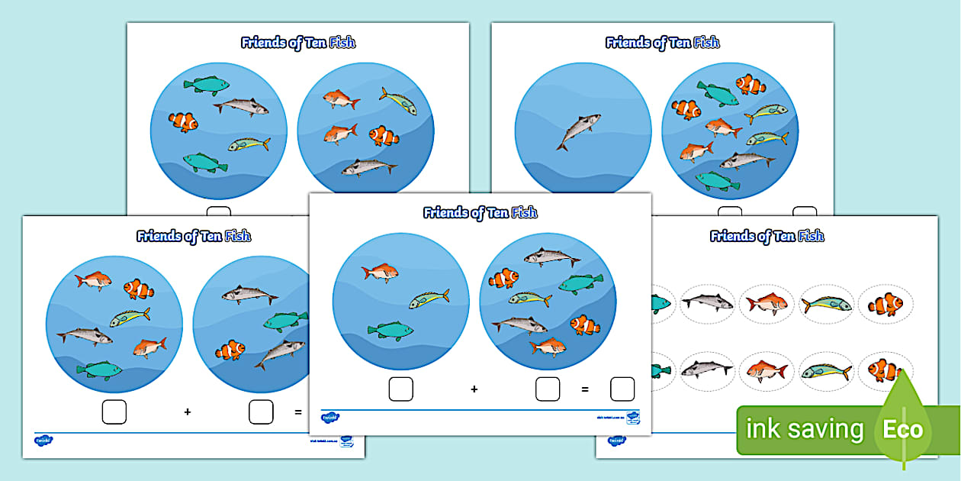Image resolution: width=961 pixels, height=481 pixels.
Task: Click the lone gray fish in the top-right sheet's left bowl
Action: click(x=577, y=131)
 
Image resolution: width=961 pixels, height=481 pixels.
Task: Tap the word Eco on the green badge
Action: click(x=902, y=429)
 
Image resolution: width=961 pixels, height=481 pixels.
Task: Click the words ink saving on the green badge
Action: click(x=804, y=430)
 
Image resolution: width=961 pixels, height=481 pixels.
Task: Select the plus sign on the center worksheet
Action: click(x=474, y=389)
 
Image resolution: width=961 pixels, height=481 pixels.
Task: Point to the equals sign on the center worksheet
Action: click(x=585, y=389)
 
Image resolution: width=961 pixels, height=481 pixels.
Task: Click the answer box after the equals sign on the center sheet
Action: click(x=622, y=389)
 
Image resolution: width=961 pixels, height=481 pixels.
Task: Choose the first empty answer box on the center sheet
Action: click(x=401, y=389)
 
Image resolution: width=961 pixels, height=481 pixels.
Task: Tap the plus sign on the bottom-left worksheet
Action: click(x=187, y=412)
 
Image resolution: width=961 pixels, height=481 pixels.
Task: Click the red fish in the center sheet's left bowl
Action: click(x=380, y=271)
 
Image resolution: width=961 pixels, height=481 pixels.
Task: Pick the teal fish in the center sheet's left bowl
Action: click(x=390, y=330)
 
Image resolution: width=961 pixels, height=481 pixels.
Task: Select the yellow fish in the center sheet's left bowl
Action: click(x=428, y=299)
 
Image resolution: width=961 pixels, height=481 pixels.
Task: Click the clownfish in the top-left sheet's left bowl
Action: click(x=183, y=121)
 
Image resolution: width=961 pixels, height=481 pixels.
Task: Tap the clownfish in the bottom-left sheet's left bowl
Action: click(x=138, y=289)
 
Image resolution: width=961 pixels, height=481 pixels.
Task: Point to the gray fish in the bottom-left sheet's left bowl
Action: click(x=84, y=334)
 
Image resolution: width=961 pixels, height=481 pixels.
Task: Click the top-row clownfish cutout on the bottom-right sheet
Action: click(x=885, y=304)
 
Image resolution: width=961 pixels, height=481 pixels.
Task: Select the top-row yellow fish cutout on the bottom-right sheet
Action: click(x=827, y=304)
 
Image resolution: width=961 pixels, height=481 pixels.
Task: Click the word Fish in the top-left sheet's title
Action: click(x=342, y=43)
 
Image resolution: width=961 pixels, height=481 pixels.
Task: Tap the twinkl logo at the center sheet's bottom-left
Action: click(x=330, y=418)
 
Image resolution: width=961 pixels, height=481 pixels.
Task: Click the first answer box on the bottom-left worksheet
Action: click(x=114, y=412)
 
